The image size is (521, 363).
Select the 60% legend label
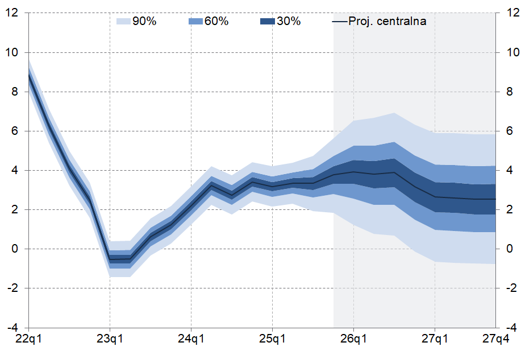pyautogui.click(x=216, y=22)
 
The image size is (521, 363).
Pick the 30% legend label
pyautogui.click(x=289, y=22)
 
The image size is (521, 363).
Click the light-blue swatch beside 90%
pyautogui.click(x=123, y=22)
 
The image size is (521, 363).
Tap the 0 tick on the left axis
pyautogui.click(x=15, y=249)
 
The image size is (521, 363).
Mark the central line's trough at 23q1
pyautogui.click(x=110, y=259)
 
